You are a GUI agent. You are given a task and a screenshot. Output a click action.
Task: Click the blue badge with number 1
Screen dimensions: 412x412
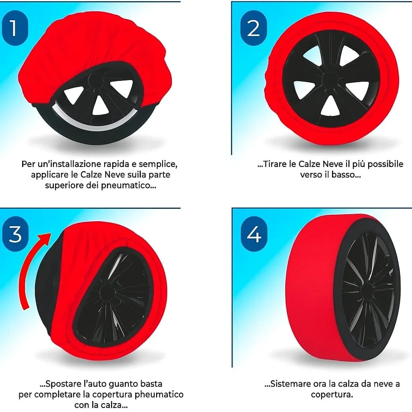pos(15,28)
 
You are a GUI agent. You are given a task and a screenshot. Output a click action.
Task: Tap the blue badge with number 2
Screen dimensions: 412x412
pos(253,28)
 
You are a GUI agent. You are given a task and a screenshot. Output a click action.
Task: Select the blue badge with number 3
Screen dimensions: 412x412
pos(15,234)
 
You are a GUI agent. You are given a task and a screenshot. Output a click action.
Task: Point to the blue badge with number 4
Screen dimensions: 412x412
pos(254,234)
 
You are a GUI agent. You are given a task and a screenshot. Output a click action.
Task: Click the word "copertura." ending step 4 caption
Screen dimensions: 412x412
pos(332,395)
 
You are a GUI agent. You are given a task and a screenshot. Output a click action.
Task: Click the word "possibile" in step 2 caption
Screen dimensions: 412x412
pos(385,164)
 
